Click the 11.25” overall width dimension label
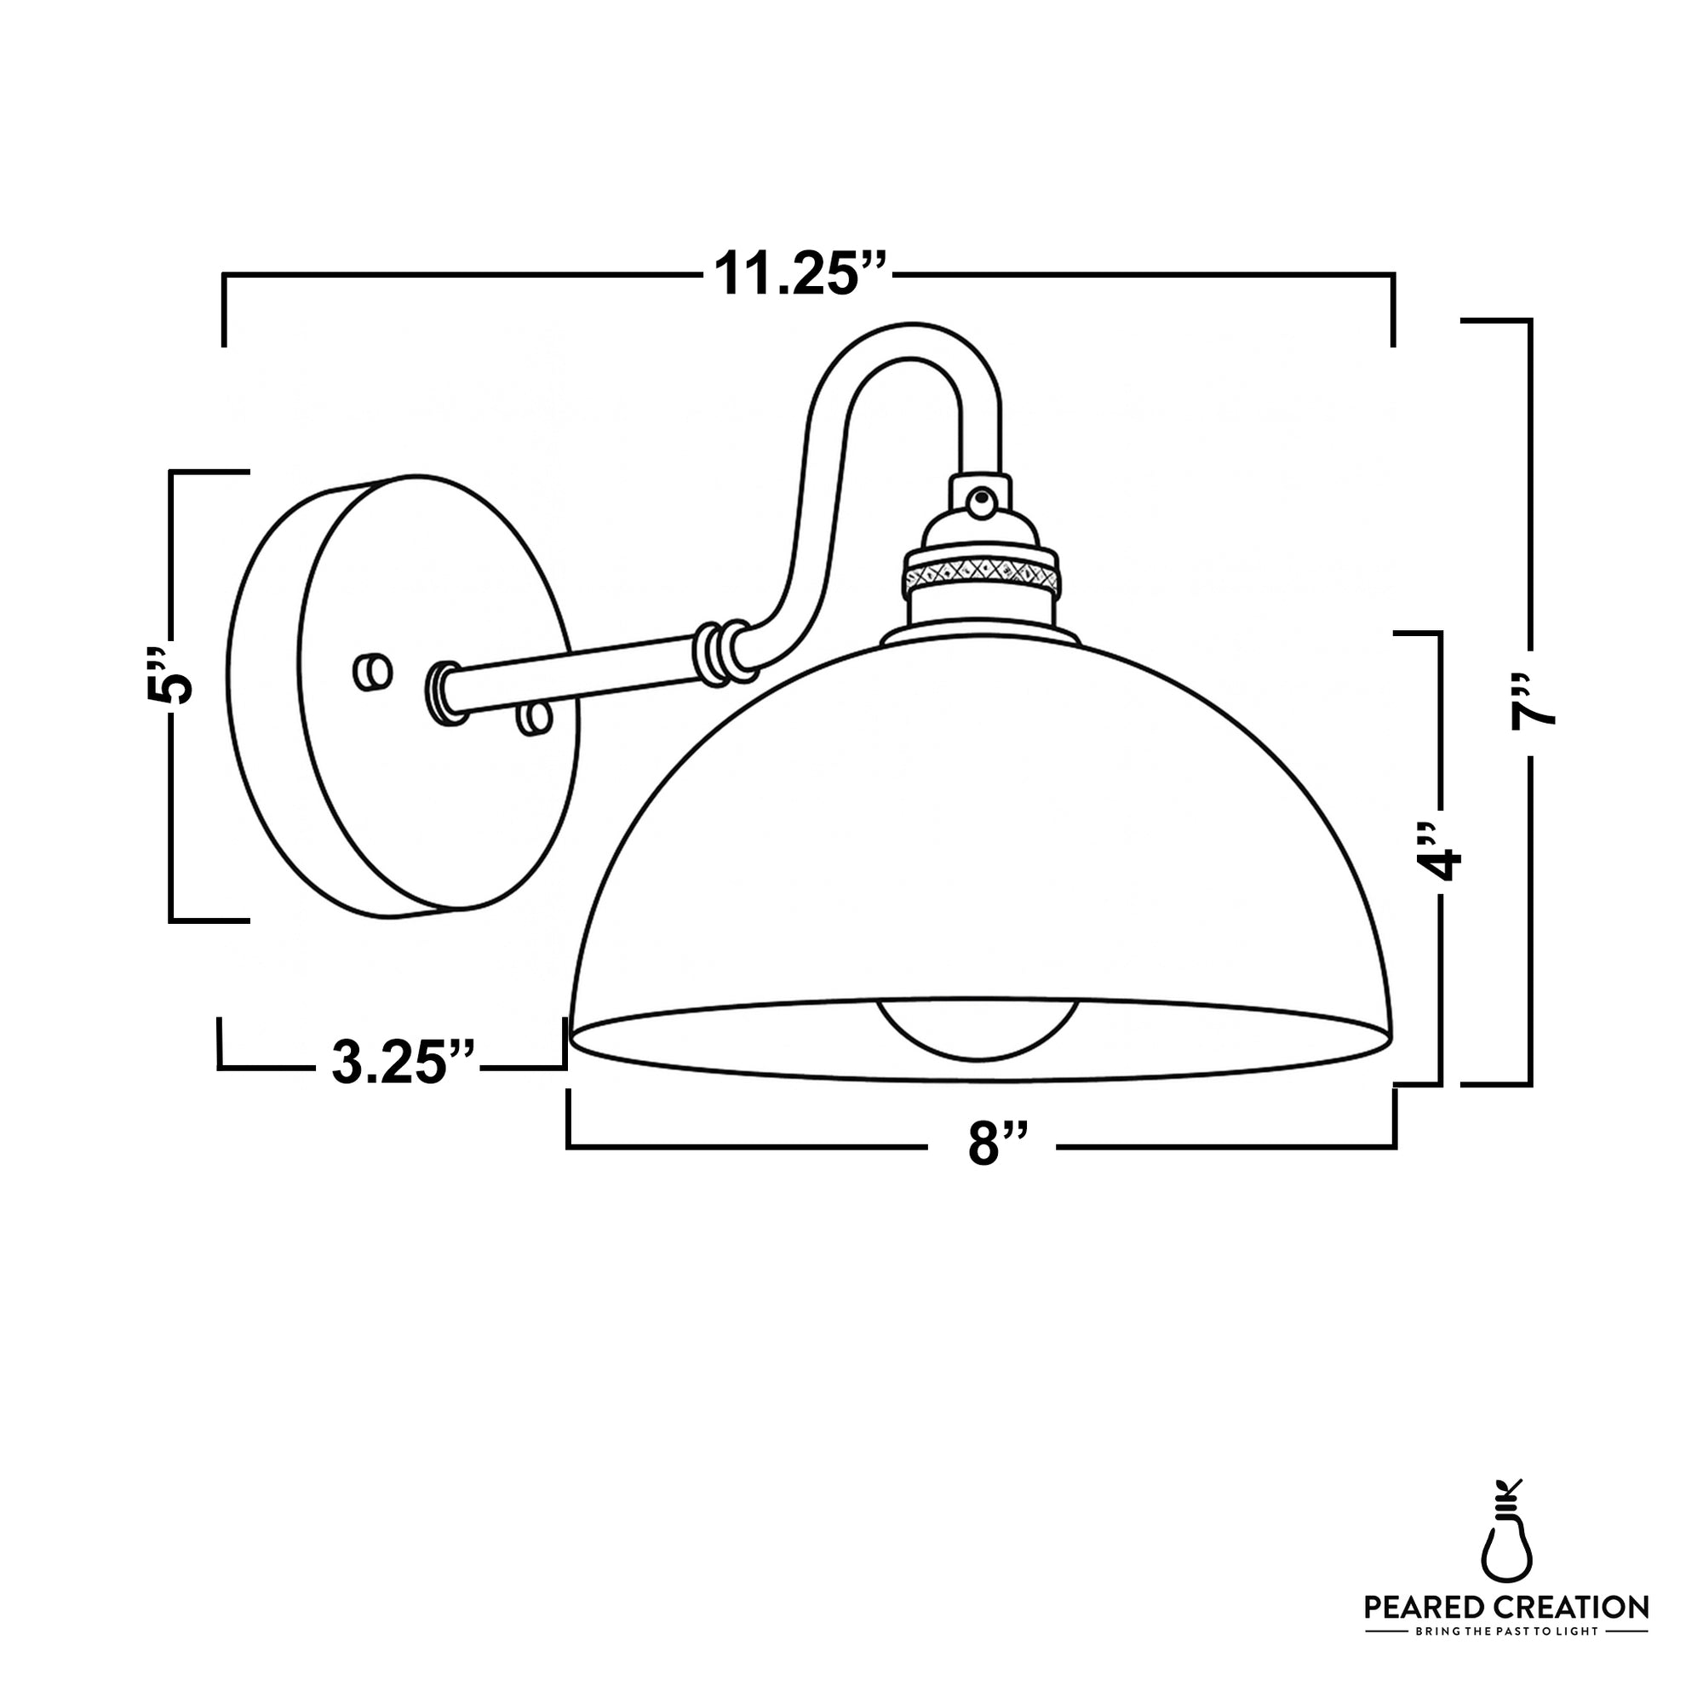pos(799,274)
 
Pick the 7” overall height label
pos(1532,702)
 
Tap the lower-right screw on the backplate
pos(534,719)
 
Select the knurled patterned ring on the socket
pos(981,577)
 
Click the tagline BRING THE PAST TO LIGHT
pos(1506,1631)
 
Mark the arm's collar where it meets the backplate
pos(444,693)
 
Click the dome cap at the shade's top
pos(980,636)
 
